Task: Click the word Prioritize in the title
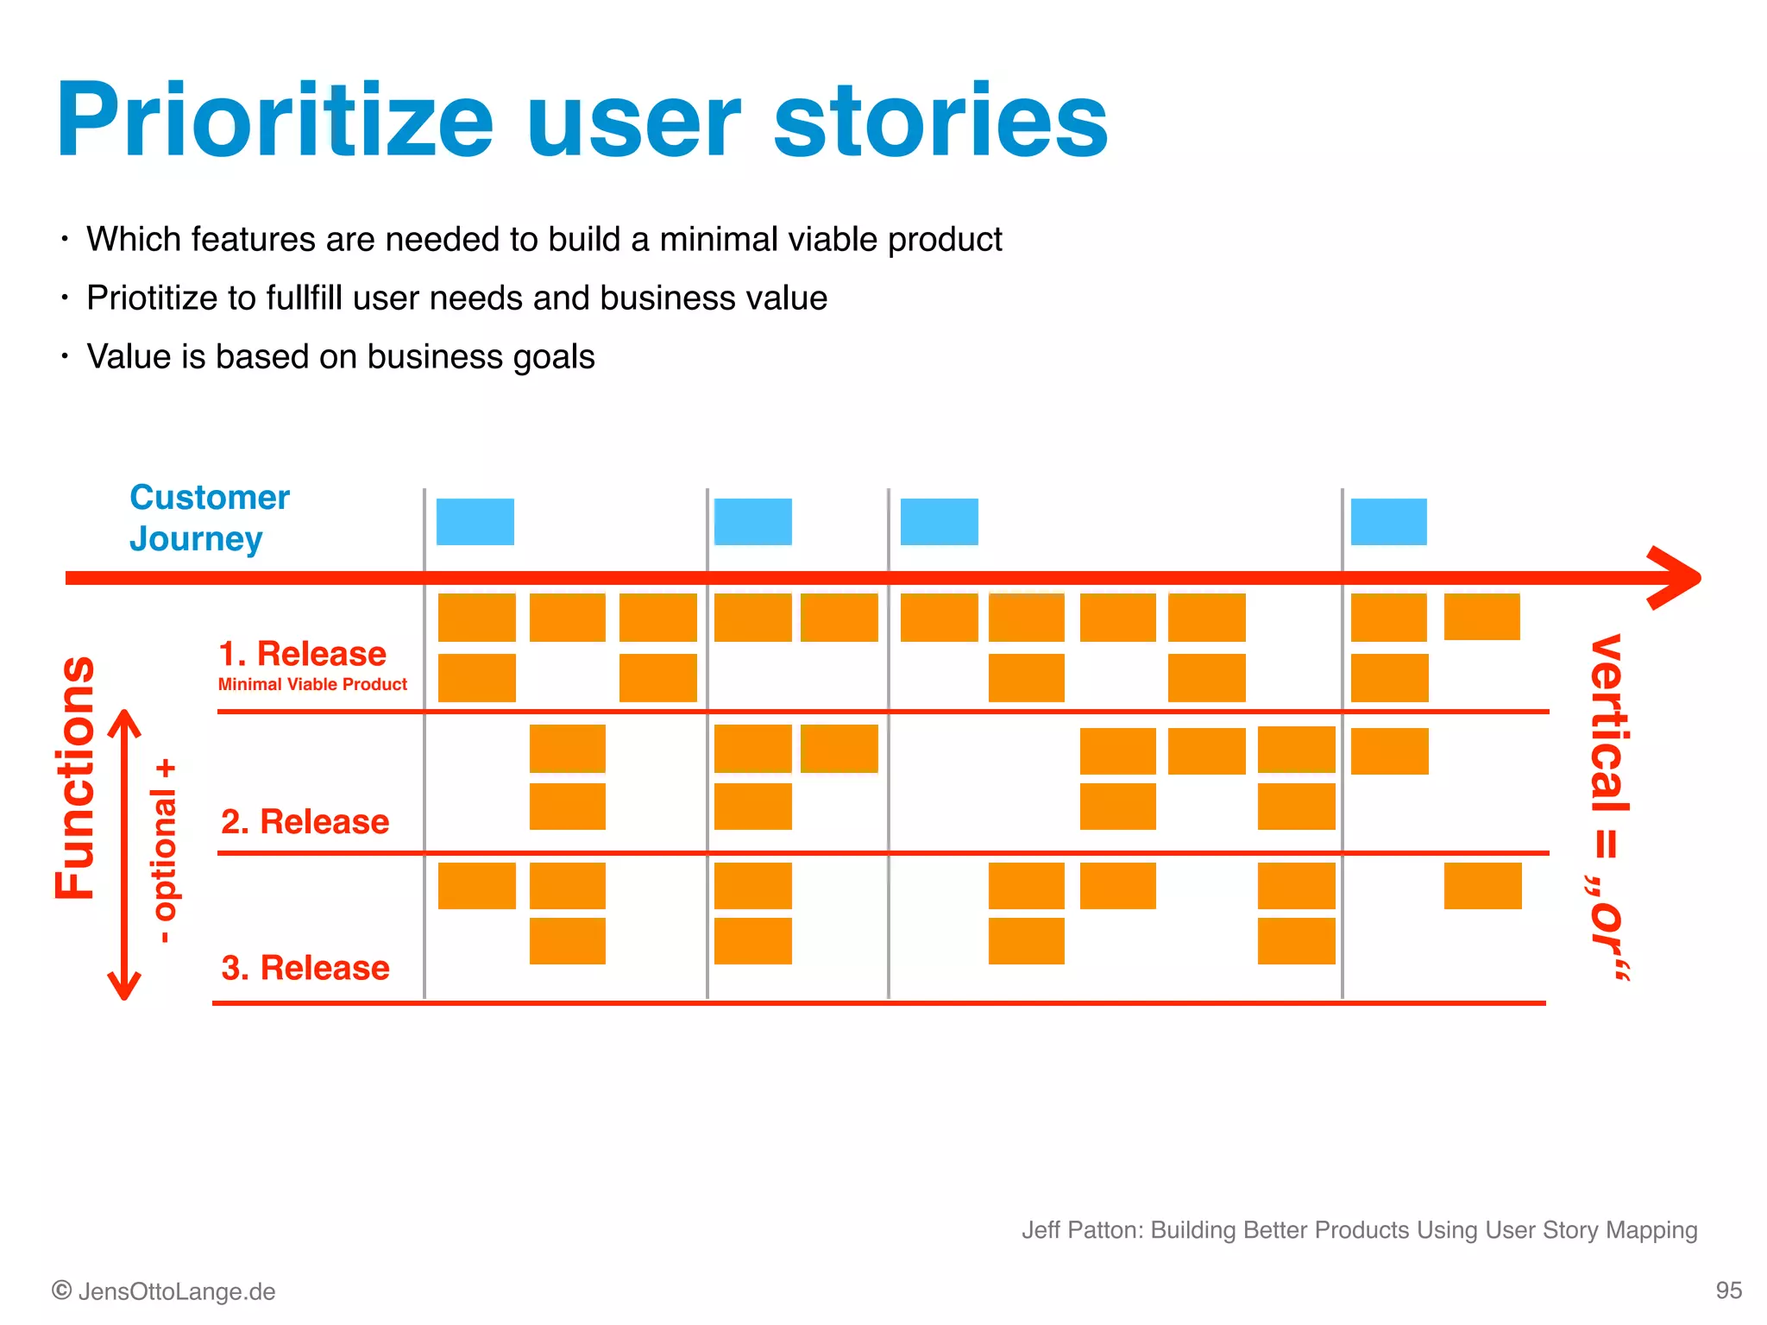[274, 121]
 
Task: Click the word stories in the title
[940, 121]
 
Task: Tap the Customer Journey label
[209, 518]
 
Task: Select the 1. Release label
[302, 654]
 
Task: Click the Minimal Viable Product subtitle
[312, 684]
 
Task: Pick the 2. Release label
[305, 821]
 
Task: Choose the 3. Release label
[305, 968]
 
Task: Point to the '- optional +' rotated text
[164, 851]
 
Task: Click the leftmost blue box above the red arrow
[475, 522]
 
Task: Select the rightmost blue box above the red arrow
[1388, 522]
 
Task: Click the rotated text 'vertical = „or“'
[1608, 807]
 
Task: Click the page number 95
[1728, 1290]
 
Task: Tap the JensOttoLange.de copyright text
[164, 1291]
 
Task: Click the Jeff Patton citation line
[1359, 1229]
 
